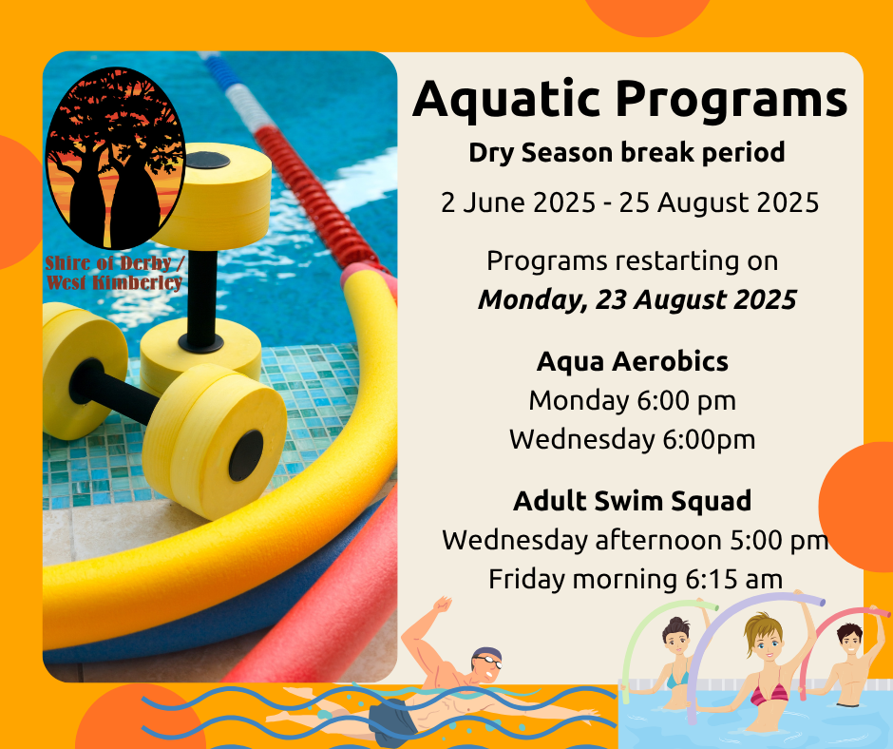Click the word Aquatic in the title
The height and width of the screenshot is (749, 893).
pyautogui.click(x=506, y=100)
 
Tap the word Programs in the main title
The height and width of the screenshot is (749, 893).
pyautogui.click(x=731, y=101)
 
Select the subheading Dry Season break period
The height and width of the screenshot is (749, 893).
pyautogui.click(x=626, y=153)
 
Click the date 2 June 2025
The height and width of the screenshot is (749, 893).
pyautogui.click(x=519, y=202)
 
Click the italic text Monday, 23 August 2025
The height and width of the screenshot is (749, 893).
pyautogui.click(x=636, y=299)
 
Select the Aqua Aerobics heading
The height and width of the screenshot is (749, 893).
pyautogui.click(x=632, y=361)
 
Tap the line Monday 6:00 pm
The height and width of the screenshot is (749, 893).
pyautogui.click(x=632, y=401)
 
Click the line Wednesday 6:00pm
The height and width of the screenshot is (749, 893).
pyautogui.click(x=632, y=439)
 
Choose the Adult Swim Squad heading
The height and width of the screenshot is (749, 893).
pyautogui.click(x=632, y=501)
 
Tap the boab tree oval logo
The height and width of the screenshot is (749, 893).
pyautogui.click(x=115, y=158)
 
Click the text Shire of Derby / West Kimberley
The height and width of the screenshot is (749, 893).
pyautogui.click(x=114, y=273)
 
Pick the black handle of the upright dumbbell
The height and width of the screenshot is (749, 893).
pyautogui.click(x=201, y=298)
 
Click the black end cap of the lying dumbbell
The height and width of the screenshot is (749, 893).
pyautogui.click(x=246, y=455)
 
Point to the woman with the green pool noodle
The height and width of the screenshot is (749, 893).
pyautogui.click(x=676, y=662)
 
